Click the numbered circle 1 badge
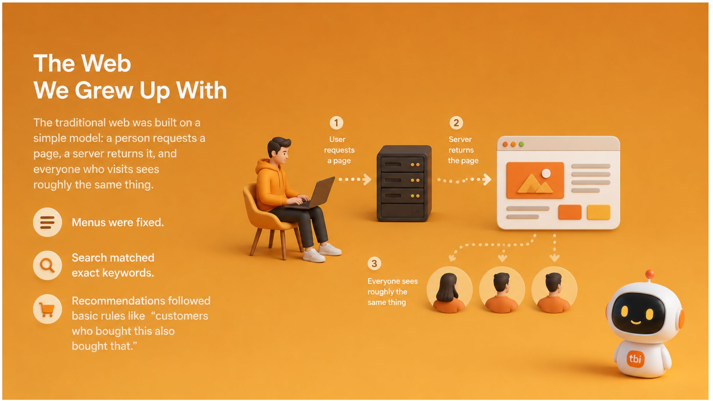click(x=336, y=123)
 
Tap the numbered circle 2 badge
click(x=456, y=123)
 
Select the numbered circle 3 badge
click(x=374, y=264)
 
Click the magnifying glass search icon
click(x=47, y=265)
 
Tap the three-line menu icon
click(x=47, y=222)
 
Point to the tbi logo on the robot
click(x=635, y=359)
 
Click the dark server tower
click(x=404, y=184)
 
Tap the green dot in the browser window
click(x=521, y=144)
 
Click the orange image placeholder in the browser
click(x=535, y=180)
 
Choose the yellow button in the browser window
click(x=598, y=212)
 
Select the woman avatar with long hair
click(x=449, y=290)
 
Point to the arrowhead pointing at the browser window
click(x=487, y=179)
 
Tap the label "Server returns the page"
click(x=462, y=150)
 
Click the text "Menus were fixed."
click(x=118, y=222)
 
